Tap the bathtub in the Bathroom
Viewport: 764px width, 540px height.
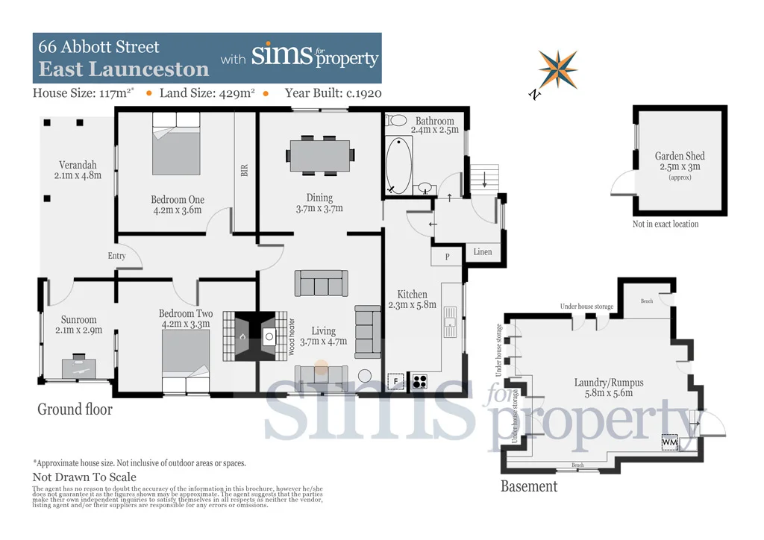pyautogui.click(x=399, y=165)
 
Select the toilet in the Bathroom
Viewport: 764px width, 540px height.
pyautogui.click(x=397, y=120)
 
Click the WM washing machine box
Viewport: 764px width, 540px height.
pyautogui.click(x=670, y=442)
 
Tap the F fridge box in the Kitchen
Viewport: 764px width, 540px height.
pyautogui.click(x=395, y=381)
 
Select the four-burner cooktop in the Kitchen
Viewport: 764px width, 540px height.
pyautogui.click(x=420, y=381)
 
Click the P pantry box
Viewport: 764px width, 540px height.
pyautogui.click(x=446, y=257)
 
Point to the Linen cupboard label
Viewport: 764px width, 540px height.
pyautogui.click(x=483, y=252)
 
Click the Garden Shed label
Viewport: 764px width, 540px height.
pyautogui.click(x=680, y=157)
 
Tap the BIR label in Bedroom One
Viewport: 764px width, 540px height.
pyautogui.click(x=244, y=170)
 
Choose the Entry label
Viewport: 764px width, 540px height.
pyautogui.click(x=117, y=256)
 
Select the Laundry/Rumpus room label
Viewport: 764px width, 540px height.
pyautogui.click(x=608, y=383)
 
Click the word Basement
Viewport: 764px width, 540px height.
pyautogui.click(x=528, y=486)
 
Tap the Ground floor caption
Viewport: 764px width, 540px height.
pyautogui.click(x=75, y=409)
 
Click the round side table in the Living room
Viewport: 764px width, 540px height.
pyautogui.click(x=366, y=376)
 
